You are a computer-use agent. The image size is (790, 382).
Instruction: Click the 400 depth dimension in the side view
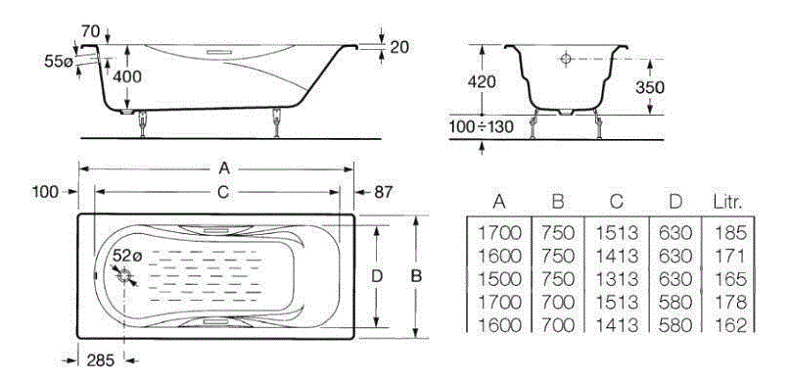pyautogui.click(x=127, y=76)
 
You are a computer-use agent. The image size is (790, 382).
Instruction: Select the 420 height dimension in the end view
pyautogui.click(x=482, y=81)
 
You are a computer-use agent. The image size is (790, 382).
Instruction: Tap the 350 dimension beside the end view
pyautogui.click(x=649, y=87)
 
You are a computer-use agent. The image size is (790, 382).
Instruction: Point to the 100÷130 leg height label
pyautogui.click(x=482, y=126)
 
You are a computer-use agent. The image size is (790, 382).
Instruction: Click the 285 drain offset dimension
pyautogui.click(x=100, y=359)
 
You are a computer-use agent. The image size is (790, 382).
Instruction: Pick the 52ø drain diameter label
pyautogui.click(x=127, y=256)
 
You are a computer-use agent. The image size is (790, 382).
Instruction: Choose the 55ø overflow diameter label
pyautogui.click(x=59, y=62)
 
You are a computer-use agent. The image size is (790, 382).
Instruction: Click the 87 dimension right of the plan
pyautogui.click(x=383, y=192)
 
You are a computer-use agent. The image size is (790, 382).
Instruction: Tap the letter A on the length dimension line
pyautogui.click(x=224, y=168)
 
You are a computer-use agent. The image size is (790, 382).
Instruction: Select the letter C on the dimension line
pyautogui.click(x=223, y=192)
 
